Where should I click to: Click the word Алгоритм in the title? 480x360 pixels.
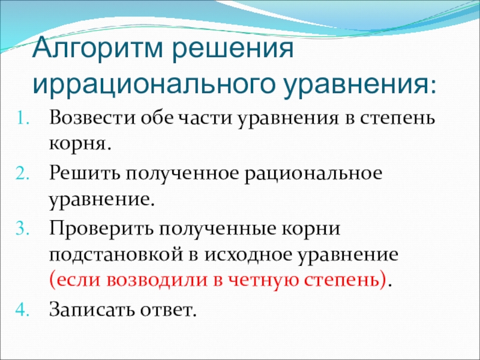coord(98,49)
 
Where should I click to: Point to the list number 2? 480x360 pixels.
coord(23,174)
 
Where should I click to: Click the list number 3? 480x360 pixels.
coord(23,229)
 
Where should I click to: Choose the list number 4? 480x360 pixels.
coord(23,310)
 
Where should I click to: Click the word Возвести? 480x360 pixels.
coord(92,118)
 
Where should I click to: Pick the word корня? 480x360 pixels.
coord(77,144)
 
